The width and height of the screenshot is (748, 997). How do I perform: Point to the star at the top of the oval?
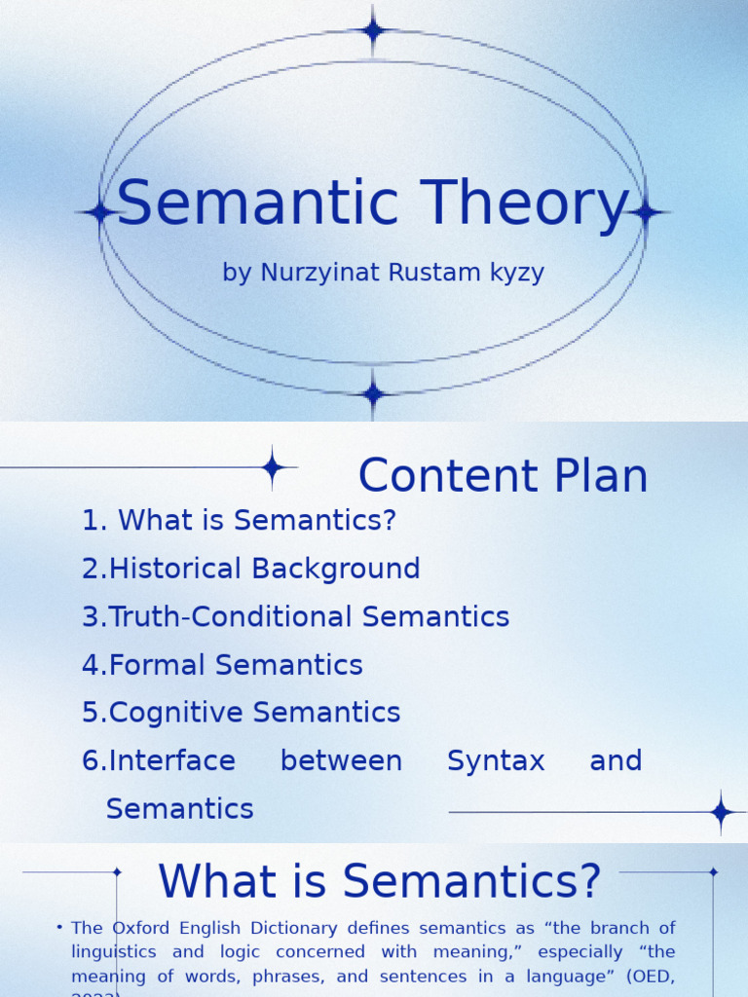point(373,30)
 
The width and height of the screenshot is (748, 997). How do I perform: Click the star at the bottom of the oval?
point(373,394)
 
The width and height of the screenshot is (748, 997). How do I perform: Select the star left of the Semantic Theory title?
point(98,212)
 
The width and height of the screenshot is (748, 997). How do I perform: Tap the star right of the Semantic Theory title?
point(646,212)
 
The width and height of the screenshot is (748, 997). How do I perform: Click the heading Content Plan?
point(503,476)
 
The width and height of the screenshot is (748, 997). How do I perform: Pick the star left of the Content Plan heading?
point(273,468)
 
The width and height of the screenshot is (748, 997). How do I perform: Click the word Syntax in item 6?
point(496,760)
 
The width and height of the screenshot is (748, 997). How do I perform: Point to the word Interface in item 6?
point(172,760)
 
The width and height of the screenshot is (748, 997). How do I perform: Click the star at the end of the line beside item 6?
point(721,812)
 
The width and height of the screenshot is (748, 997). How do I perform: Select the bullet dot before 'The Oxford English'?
point(59,927)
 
